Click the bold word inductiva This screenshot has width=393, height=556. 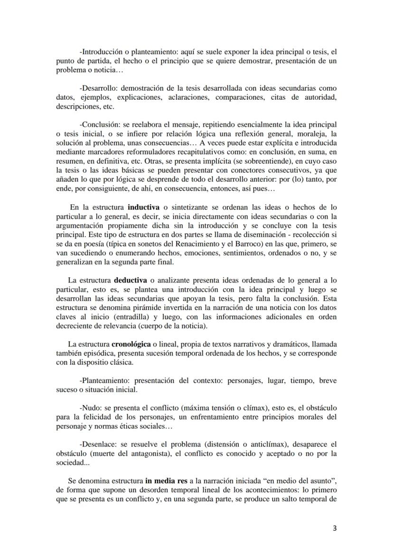coord(144,207)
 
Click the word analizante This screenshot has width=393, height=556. coord(174,280)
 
